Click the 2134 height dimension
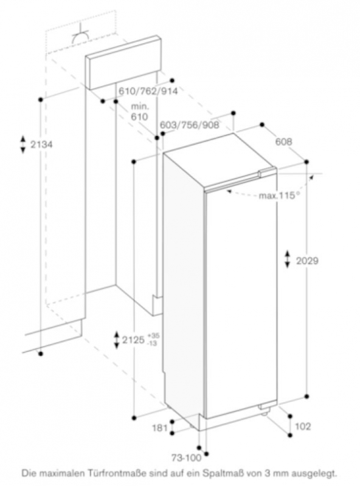41,145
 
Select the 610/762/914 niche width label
148,91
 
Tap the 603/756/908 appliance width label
190,125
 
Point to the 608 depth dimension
283,142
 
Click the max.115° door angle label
280,196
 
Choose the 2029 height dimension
307,261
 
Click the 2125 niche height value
133,340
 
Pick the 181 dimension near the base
160,428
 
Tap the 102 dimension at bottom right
303,426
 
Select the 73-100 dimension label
187,457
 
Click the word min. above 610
140,107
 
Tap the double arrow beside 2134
23,144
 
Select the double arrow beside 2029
288,259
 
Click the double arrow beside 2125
117,340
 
